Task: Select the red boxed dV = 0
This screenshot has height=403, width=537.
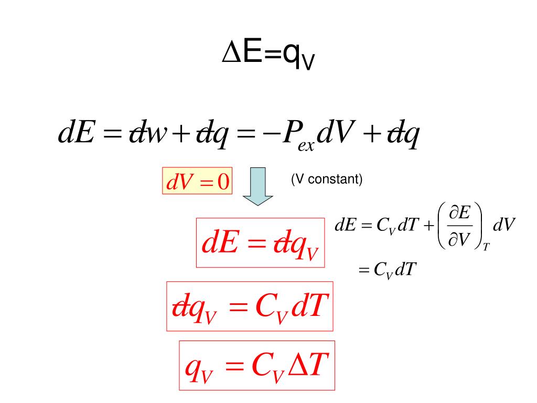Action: pyautogui.click(x=198, y=182)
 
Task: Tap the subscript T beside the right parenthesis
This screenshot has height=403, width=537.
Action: pyautogui.click(x=486, y=247)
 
